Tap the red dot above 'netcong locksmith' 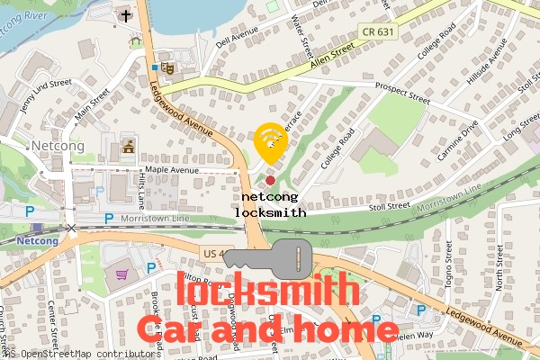270,181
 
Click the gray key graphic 270,258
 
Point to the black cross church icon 124,15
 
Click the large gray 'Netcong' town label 58,145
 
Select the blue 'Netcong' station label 37,241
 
